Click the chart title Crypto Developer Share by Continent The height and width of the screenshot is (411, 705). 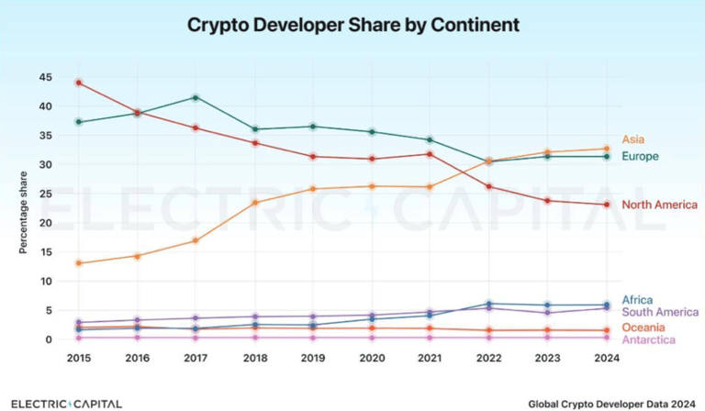pyautogui.click(x=352, y=24)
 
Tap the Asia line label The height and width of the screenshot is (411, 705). pyautogui.click(x=633, y=139)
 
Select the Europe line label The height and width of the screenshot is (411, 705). pyautogui.click(x=640, y=157)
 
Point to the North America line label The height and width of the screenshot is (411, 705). pyautogui.click(x=660, y=205)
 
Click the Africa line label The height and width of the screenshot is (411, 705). pyautogui.click(x=637, y=300)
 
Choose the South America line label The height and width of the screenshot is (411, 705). pyautogui.click(x=660, y=313)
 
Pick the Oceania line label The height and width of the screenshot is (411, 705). pyautogui.click(x=643, y=328)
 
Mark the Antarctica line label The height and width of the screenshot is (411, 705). pyautogui.click(x=648, y=340)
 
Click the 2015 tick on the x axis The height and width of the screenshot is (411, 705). pyautogui.click(x=79, y=359)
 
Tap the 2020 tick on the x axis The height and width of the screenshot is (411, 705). pyautogui.click(x=372, y=359)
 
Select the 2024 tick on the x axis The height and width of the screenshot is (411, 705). pyautogui.click(x=606, y=359)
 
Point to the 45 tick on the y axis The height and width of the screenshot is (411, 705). pyautogui.click(x=45, y=77)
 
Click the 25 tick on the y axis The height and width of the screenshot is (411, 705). pyautogui.click(x=45, y=194)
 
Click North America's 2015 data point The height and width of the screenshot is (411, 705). pyautogui.click(x=79, y=83)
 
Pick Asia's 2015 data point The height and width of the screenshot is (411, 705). pyautogui.click(x=79, y=263)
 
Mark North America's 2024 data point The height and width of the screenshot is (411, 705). pyautogui.click(x=606, y=205)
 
